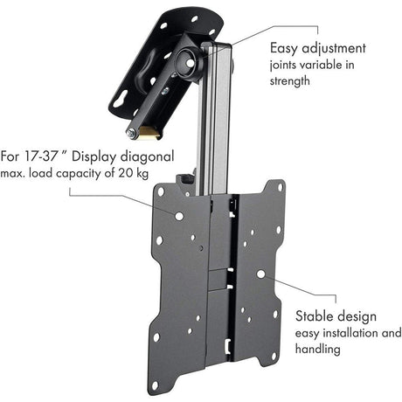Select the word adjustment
(x=335, y=49)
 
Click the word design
(x=357, y=315)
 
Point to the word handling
(x=318, y=350)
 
